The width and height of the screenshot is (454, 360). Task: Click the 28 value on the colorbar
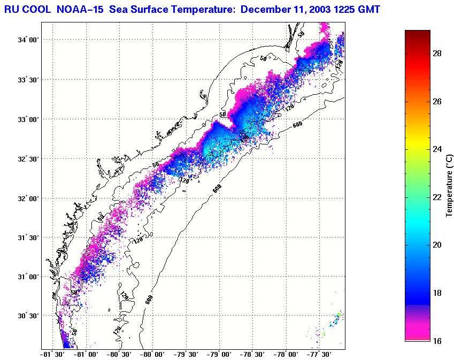click(x=436, y=53)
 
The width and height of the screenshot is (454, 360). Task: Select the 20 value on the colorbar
click(x=436, y=245)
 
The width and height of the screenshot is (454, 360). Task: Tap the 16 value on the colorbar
click(x=436, y=341)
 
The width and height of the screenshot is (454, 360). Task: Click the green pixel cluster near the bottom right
click(x=339, y=315)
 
